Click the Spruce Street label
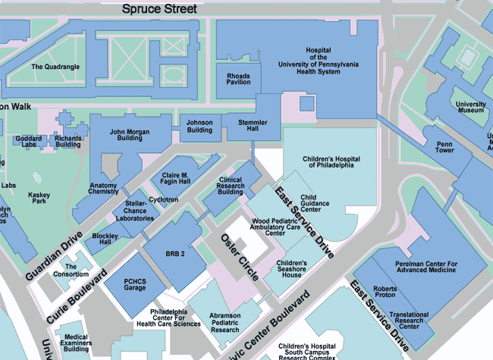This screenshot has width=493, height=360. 160,9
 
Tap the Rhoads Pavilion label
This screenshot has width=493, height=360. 238,79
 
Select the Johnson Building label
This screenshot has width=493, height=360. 199,126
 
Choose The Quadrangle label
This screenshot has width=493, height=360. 55,67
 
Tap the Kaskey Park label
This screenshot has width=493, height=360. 39,199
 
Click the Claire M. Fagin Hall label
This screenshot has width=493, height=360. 175,180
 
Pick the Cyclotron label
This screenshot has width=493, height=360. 163,199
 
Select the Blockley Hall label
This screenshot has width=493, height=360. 105,239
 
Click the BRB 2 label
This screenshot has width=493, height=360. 175,254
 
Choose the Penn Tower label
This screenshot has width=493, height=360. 444,147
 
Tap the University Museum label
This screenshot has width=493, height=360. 471,107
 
